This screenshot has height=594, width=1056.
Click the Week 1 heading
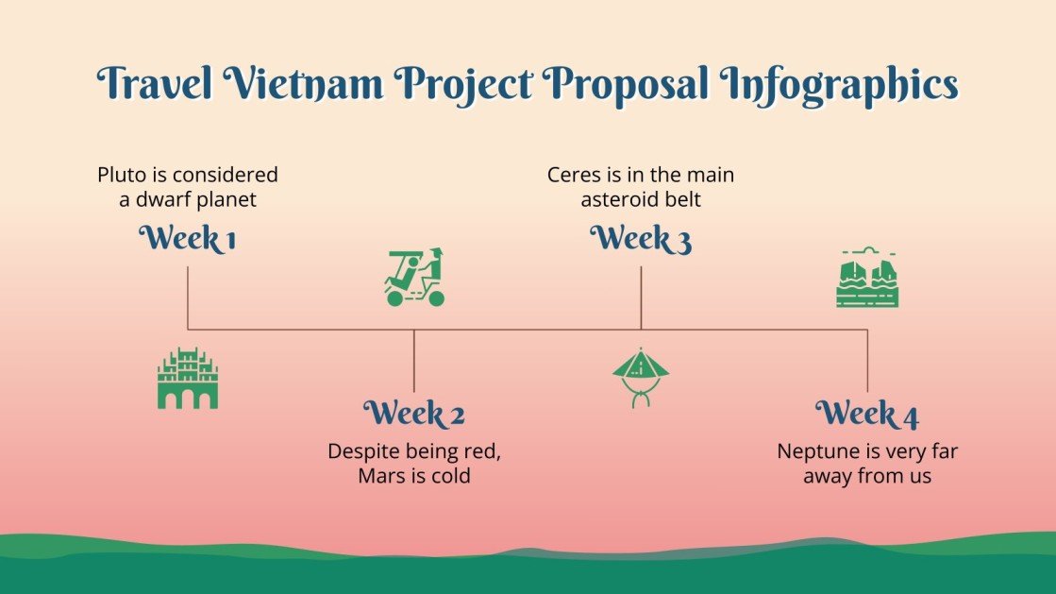pyautogui.click(x=187, y=240)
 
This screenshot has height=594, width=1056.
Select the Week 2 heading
pyautogui.click(x=414, y=414)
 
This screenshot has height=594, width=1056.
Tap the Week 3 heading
pyautogui.click(x=641, y=240)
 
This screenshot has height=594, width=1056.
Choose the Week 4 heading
pyautogui.click(x=866, y=414)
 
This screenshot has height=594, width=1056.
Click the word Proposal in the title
pyautogui.click(x=629, y=85)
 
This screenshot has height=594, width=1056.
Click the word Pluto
pyautogui.click(x=121, y=175)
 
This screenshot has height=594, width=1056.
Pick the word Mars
pyautogui.click(x=381, y=476)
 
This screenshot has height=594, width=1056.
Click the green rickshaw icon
pyautogui.click(x=414, y=278)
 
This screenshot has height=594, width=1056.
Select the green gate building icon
pyautogui.click(x=187, y=379)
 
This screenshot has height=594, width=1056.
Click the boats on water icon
pyautogui.click(x=867, y=280)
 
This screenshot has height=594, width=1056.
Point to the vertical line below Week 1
pyautogui.click(x=188, y=297)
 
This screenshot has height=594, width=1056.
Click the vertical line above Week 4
pyautogui.click(x=867, y=361)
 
